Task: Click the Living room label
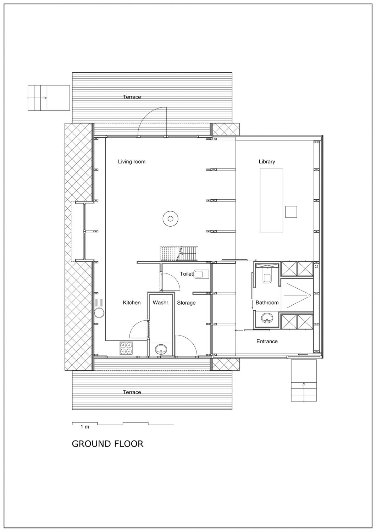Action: pyautogui.click(x=132, y=161)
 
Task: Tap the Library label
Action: pyautogui.click(x=267, y=161)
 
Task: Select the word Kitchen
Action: pyautogui.click(x=132, y=303)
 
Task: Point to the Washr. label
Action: pyautogui.click(x=161, y=303)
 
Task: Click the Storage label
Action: pyautogui.click(x=186, y=303)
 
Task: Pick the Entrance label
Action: pyautogui.click(x=267, y=342)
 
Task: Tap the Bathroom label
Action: pyautogui.click(x=267, y=303)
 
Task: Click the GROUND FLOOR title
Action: pyautogui.click(x=107, y=444)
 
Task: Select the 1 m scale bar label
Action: pyautogui.click(x=85, y=427)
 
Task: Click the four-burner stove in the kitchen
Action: pyautogui.click(x=126, y=348)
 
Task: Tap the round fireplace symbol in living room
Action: pyautogui.click(x=170, y=218)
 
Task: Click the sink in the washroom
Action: pyautogui.click(x=161, y=349)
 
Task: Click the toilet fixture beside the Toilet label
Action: pyautogui.click(x=201, y=274)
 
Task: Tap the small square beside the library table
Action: pyautogui.click(x=291, y=212)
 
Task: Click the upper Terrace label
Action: pyautogui.click(x=132, y=97)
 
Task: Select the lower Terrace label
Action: pyautogui.click(x=132, y=392)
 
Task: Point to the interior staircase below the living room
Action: pyautogui.click(x=179, y=254)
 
